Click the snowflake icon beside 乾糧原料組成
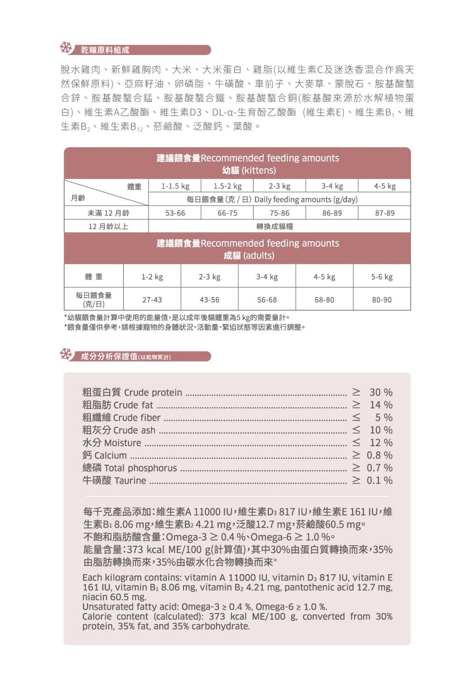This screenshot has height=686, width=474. [66, 48]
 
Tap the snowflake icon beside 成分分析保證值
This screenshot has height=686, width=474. [66, 354]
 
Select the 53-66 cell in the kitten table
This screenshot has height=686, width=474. [175, 213]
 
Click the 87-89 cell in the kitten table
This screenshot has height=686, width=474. [385, 213]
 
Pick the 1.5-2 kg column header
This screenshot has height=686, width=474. [228, 186]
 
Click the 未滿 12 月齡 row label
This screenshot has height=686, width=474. [108, 213]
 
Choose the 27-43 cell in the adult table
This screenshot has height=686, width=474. [152, 300]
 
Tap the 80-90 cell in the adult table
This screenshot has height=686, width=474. [382, 300]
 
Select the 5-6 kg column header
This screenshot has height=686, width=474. [382, 277]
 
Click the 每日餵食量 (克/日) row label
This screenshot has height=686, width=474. [94, 300]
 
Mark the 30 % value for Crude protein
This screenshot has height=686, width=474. [381, 392]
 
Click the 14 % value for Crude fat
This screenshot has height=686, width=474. [381, 405]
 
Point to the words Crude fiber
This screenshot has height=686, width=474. [137, 418]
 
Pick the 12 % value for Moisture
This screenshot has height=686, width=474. [381, 443]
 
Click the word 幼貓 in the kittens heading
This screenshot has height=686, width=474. [231, 171]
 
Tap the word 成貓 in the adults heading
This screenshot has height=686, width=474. [232, 256]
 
